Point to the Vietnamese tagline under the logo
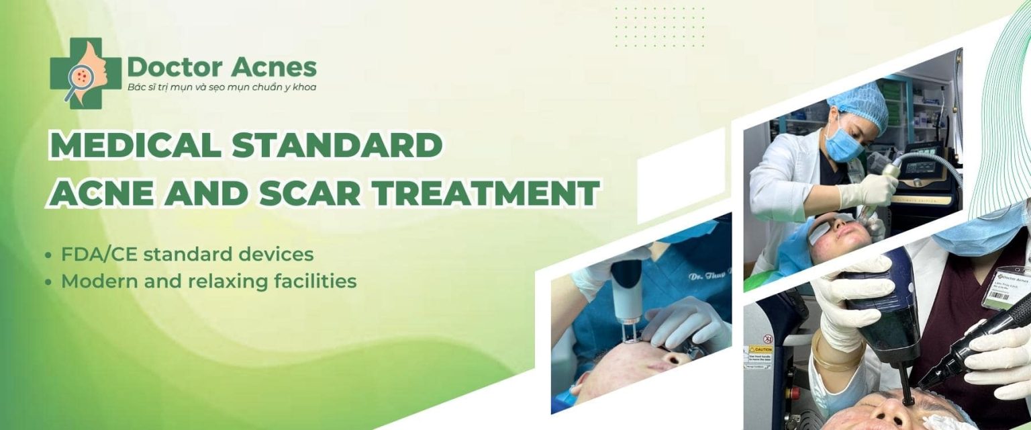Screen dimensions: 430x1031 pos(222,87)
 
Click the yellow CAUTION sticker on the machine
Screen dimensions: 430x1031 pos(761,350)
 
